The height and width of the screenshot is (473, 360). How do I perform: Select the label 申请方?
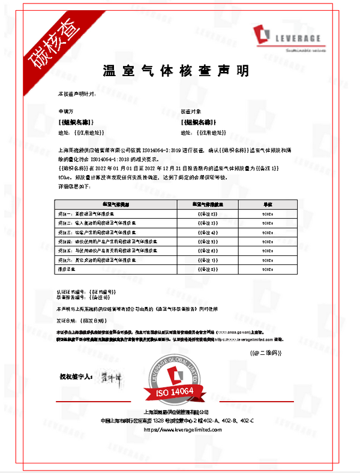point(64,112)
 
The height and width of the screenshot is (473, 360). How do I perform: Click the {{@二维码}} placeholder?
point(262,353)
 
